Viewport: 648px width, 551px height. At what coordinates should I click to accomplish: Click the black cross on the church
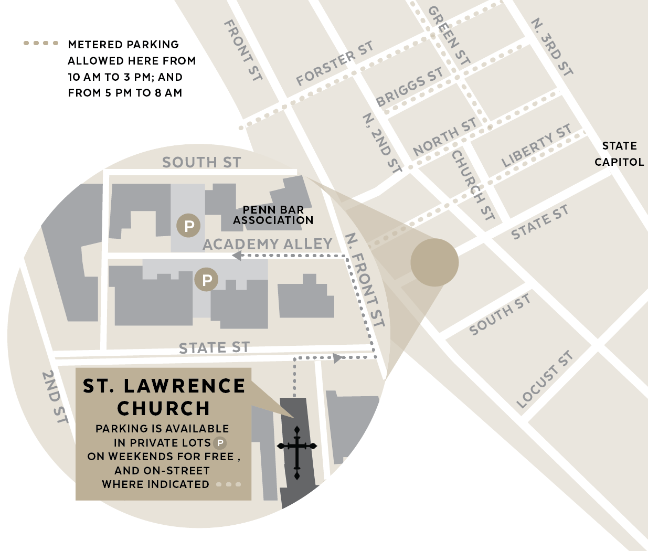pyautogui.click(x=297, y=452)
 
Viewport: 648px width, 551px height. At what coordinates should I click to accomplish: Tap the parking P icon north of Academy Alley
pyautogui.click(x=189, y=226)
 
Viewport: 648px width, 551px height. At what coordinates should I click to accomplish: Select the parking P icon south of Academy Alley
pyautogui.click(x=207, y=280)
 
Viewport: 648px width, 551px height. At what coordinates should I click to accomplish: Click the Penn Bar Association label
pyautogui.click(x=273, y=215)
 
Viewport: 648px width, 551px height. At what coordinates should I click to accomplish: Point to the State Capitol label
pyautogui.click(x=619, y=154)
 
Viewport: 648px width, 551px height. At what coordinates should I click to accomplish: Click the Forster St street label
pyautogui.click(x=334, y=63)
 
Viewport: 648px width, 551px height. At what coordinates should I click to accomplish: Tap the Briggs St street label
pyautogui.click(x=409, y=87)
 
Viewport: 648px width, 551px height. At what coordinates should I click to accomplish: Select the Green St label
pyautogui.click(x=449, y=35)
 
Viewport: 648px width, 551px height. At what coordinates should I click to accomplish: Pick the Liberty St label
pyautogui.click(x=536, y=146)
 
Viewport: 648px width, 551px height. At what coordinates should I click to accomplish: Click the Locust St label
pyautogui.click(x=544, y=379)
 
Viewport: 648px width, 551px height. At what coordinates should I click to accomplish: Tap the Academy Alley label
pyautogui.click(x=268, y=244)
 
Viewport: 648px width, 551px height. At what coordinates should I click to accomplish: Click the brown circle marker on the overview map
pyautogui.click(x=434, y=262)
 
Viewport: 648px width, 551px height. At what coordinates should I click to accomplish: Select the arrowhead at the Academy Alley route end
pyautogui.click(x=237, y=256)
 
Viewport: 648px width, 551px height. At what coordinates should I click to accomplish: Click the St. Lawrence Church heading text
pyautogui.click(x=164, y=397)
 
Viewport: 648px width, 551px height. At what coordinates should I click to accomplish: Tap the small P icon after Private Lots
pyautogui.click(x=220, y=443)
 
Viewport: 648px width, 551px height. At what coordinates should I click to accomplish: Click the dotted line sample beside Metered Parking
pyautogui.click(x=41, y=43)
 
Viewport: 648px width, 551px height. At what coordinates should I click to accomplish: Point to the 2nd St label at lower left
pyautogui.click(x=55, y=397)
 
